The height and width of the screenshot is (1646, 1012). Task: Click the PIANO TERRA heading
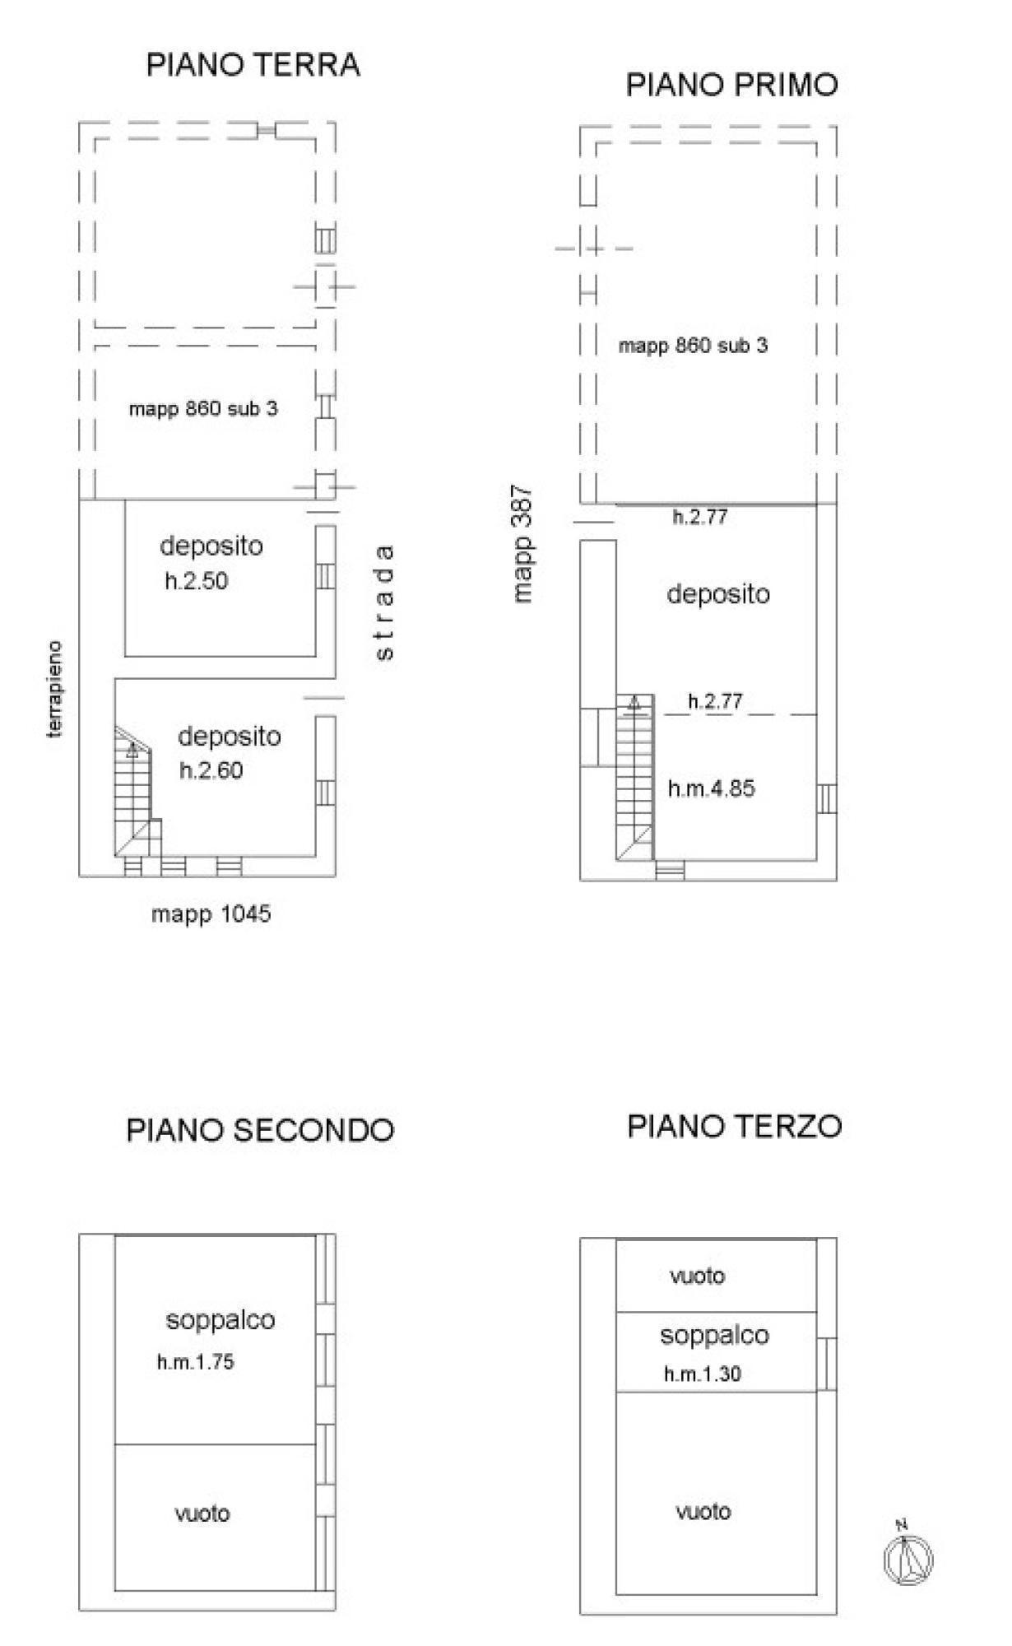(x=253, y=65)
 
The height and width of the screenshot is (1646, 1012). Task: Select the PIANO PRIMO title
(x=732, y=85)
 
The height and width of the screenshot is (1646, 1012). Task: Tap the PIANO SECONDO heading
(x=260, y=1130)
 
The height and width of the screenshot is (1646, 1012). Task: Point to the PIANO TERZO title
(x=735, y=1126)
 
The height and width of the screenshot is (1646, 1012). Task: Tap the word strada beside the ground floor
(x=384, y=602)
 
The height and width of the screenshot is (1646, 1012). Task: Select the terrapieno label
(x=55, y=690)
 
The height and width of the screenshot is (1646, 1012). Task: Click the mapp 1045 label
(x=211, y=914)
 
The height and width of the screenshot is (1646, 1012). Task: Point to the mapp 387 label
(x=523, y=545)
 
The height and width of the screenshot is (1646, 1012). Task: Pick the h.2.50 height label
(x=197, y=581)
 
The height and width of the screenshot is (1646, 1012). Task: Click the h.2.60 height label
(x=211, y=771)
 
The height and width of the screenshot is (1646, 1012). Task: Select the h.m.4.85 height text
(x=712, y=788)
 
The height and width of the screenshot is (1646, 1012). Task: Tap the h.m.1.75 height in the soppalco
(x=196, y=1362)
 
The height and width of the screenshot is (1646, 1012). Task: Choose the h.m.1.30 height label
(x=703, y=1374)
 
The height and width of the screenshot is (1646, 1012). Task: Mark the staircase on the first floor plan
(x=636, y=778)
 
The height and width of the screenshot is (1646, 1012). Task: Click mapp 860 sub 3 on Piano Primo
(x=694, y=346)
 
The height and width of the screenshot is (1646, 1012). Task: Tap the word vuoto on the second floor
(x=202, y=1513)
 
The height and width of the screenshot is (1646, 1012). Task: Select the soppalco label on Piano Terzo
(x=714, y=1335)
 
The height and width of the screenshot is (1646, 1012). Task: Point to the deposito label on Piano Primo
(x=718, y=593)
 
